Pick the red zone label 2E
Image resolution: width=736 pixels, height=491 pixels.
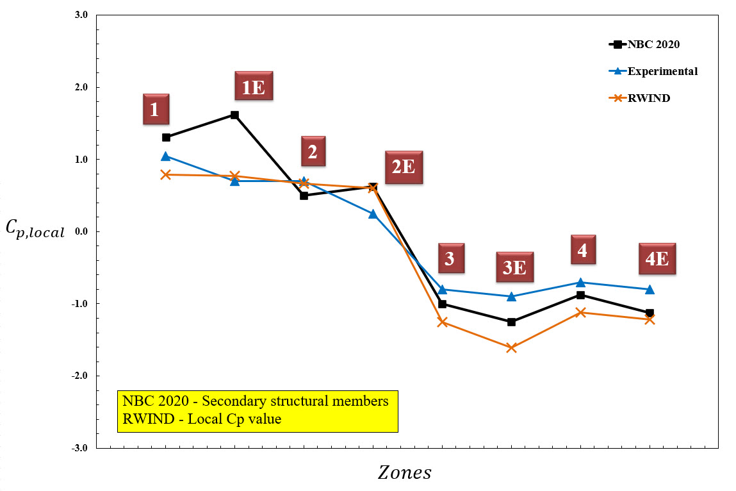coord(404,167)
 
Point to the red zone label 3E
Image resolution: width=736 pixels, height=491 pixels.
coord(514,267)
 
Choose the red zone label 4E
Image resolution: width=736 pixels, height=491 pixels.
coord(657,258)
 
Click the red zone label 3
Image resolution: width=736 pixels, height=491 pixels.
coord(450,258)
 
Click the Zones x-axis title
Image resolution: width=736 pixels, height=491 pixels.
coord(404,473)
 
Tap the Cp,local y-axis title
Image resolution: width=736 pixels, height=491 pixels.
coord(35,229)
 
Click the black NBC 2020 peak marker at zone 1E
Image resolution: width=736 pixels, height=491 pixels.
coord(234,115)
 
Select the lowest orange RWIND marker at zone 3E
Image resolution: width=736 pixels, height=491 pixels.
coord(511,347)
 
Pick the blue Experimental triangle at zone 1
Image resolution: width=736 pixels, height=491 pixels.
coord(166,156)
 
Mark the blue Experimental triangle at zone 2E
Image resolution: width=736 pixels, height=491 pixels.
coord(373,213)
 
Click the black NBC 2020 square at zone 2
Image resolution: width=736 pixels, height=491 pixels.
coord(304,196)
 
